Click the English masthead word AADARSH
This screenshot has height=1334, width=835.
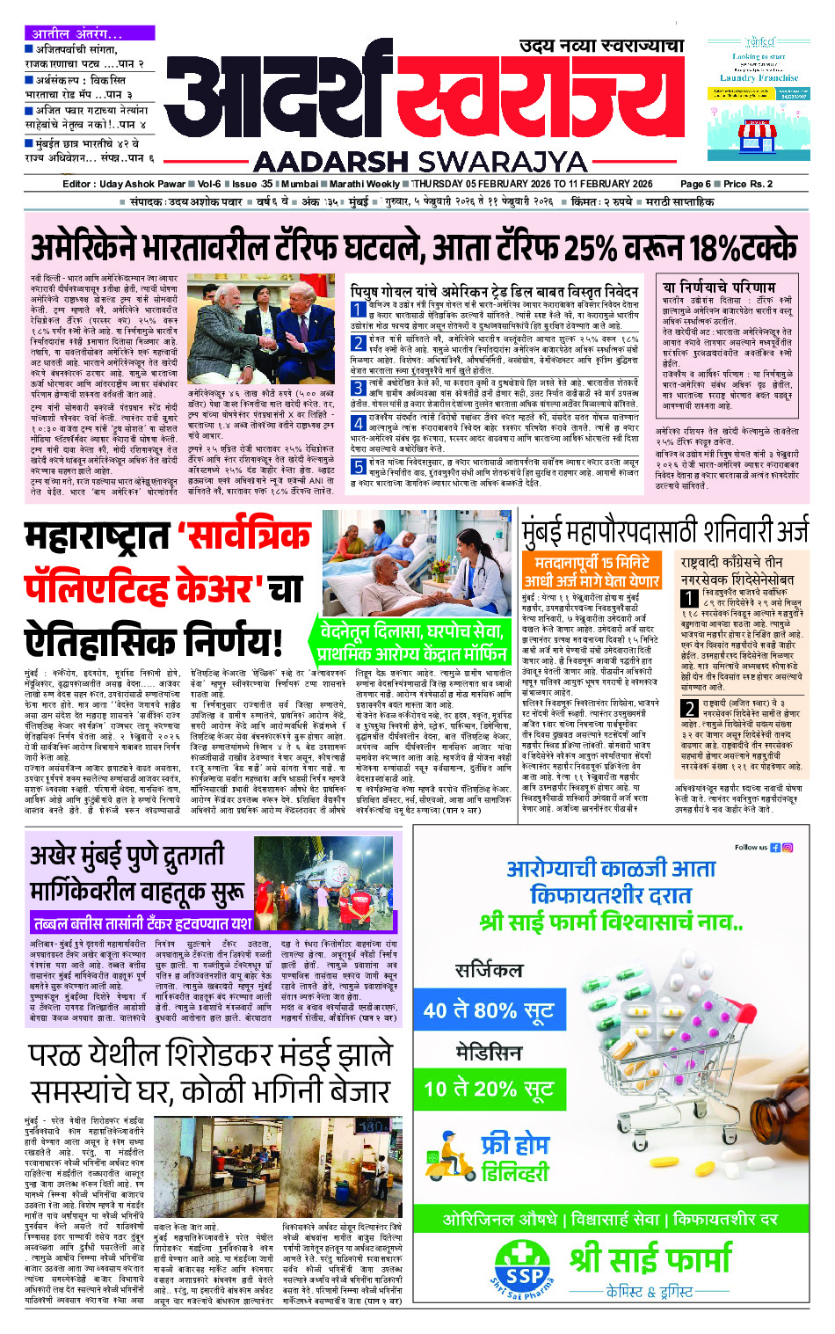tap(331, 162)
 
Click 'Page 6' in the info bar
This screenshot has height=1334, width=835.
tap(695, 184)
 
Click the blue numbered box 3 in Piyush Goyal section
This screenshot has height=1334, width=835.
tap(359, 384)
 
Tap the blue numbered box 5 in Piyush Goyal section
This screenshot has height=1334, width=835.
tap(359, 465)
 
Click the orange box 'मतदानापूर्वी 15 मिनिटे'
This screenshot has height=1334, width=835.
tap(592, 571)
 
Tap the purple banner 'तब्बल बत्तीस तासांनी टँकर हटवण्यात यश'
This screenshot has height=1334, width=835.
tap(142, 922)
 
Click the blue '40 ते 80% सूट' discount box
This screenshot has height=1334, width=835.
tap(489, 1010)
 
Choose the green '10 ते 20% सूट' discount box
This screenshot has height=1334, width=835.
tap(489, 1089)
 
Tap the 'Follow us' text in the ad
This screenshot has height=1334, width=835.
tap(751, 848)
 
